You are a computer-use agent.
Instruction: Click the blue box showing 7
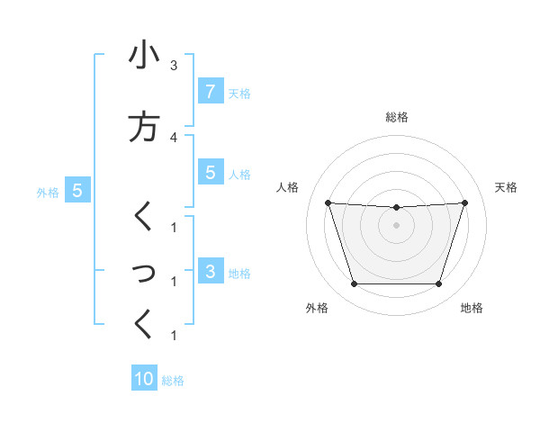click(210, 91)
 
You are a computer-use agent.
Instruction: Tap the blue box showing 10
click(144, 379)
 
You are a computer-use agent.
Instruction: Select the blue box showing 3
click(210, 272)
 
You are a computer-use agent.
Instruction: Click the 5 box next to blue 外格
click(77, 190)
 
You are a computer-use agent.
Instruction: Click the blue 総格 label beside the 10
click(173, 381)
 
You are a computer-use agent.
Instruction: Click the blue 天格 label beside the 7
click(239, 93)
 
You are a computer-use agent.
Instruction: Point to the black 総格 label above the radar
click(396, 117)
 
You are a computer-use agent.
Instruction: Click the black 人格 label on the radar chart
click(287, 187)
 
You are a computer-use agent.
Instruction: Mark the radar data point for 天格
click(464, 202)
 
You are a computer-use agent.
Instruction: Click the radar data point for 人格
click(328, 202)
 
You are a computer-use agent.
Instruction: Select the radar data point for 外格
click(354, 284)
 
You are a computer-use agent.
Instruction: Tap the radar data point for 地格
click(438, 284)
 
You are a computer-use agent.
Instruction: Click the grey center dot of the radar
click(396, 225)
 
